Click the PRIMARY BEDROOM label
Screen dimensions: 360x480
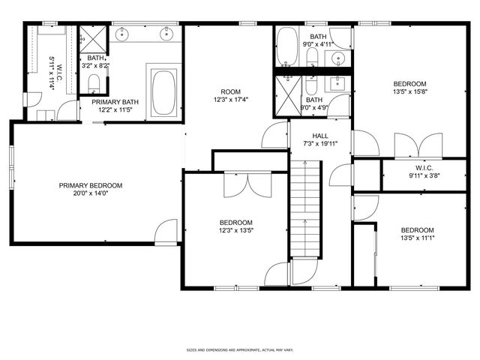pos(91,185)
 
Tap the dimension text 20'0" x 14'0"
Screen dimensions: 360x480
pos(91,193)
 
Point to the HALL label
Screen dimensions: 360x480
pos(320,136)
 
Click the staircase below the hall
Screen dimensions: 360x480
pos(305,210)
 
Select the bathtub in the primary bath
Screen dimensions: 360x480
pos(163,94)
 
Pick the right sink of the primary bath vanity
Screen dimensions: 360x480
pos(166,34)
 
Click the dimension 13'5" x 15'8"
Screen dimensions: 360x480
pos(409,91)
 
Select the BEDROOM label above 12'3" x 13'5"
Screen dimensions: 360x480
pos(235,223)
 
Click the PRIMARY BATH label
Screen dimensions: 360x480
pos(115,101)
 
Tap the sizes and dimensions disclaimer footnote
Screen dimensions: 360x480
pos(239,349)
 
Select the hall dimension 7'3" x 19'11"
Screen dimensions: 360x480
pos(320,143)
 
